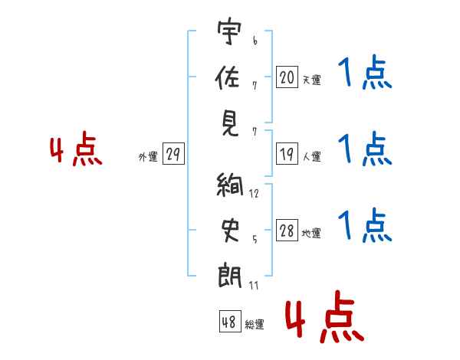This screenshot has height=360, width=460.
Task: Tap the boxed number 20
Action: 287,77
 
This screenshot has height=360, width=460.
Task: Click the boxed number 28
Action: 287,231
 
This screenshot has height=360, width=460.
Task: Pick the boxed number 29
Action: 172,155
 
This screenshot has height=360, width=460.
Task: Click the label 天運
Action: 311,79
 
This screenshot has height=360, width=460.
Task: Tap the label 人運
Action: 311,156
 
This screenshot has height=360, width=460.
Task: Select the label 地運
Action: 311,234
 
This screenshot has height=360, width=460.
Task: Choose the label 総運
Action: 255,324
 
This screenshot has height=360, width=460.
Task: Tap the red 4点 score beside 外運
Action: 76,150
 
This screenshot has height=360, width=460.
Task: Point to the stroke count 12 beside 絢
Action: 254,194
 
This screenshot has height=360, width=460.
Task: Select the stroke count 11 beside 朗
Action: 254,286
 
